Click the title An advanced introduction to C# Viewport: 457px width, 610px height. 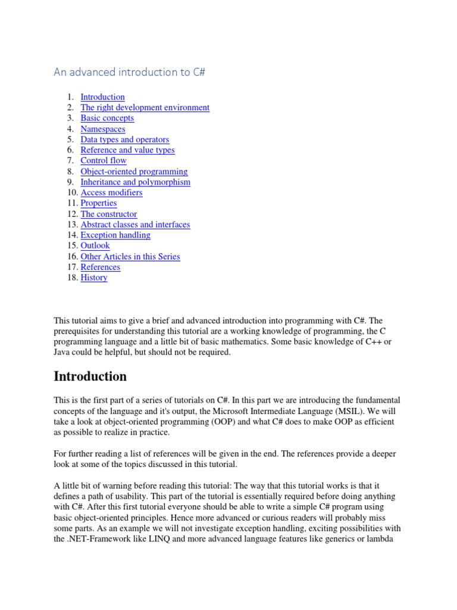tap(130, 72)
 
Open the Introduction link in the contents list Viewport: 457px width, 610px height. tap(102, 97)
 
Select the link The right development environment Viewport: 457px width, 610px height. tap(145, 108)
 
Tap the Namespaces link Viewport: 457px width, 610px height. tap(103, 129)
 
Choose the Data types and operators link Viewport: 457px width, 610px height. tap(124, 139)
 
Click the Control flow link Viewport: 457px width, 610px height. tap(104, 161)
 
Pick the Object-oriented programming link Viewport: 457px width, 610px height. tap(134, 172)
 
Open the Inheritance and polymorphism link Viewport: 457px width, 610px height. tap(135, 182)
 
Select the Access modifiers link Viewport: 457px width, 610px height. tap(111, 192)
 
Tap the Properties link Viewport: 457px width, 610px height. tap(99, 203)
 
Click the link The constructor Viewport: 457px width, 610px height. tap(108, 214)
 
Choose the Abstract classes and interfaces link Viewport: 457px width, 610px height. tap(135, 225)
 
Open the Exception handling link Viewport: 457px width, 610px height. tap(115, 235)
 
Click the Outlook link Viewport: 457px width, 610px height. tap(95, 245)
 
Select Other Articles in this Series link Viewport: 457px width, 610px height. tap(130, 257)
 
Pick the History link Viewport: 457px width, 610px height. tap(94, 278)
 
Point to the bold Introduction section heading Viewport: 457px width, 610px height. tap(90, 376)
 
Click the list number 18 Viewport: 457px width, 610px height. tap(71, 278)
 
